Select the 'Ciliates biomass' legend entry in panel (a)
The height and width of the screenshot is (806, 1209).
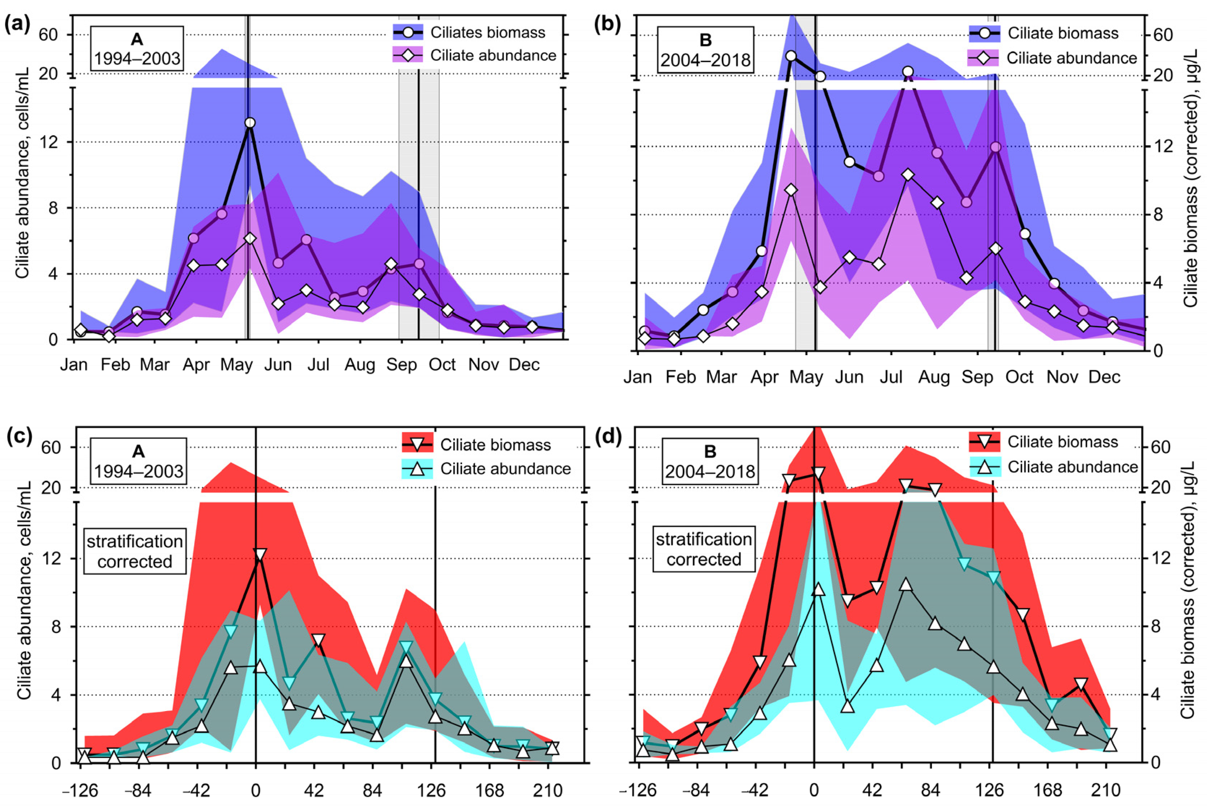pyautogui.click(x=487, y=32)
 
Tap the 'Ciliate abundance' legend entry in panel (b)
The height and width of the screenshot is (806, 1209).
pyautogui.click(x=1071, y=58)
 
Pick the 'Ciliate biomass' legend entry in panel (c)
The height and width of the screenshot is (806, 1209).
pyautogui.click(x=495, y=445)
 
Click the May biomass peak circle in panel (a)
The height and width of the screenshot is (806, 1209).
pyautogui.click(x=250, y=123)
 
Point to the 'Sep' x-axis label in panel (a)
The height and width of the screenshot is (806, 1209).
pyautogui.click(x=401, y=365)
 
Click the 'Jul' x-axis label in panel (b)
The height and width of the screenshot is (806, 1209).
pyautogui.click(x=891, y=377)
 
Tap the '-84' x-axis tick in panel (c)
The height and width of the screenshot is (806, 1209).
pyautogui.click(x=139, y=790)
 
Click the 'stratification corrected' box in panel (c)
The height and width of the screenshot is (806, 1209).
pyautogui.click(x=135, y=552)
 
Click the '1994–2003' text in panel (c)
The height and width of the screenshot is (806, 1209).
pyautogui.click(x=138, y=471)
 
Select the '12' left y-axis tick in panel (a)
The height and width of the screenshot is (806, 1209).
pyautogui.click(x=52, y=142)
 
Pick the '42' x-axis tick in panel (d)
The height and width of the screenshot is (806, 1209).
pyautogui.click(x=872, y=790)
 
